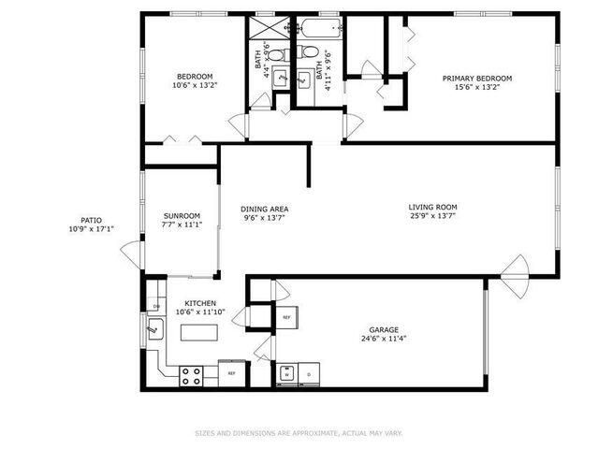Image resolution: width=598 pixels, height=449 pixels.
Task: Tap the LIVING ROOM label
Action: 432,207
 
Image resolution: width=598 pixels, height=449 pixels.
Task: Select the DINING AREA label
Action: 264,209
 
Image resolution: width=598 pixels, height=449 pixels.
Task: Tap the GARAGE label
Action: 384,329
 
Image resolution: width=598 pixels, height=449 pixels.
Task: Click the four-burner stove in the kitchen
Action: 191,375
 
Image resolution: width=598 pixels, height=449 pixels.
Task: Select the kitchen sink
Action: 155,328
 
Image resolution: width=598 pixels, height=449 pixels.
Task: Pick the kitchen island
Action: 200,331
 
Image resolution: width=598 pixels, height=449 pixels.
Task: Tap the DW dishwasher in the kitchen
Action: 155,307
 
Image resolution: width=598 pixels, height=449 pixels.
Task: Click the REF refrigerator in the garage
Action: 286,317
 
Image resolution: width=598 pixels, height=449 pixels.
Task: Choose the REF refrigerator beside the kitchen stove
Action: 231,374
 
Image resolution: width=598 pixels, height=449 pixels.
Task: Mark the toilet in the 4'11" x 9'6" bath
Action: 307,53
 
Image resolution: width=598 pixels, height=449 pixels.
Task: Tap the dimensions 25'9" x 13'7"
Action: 432,217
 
